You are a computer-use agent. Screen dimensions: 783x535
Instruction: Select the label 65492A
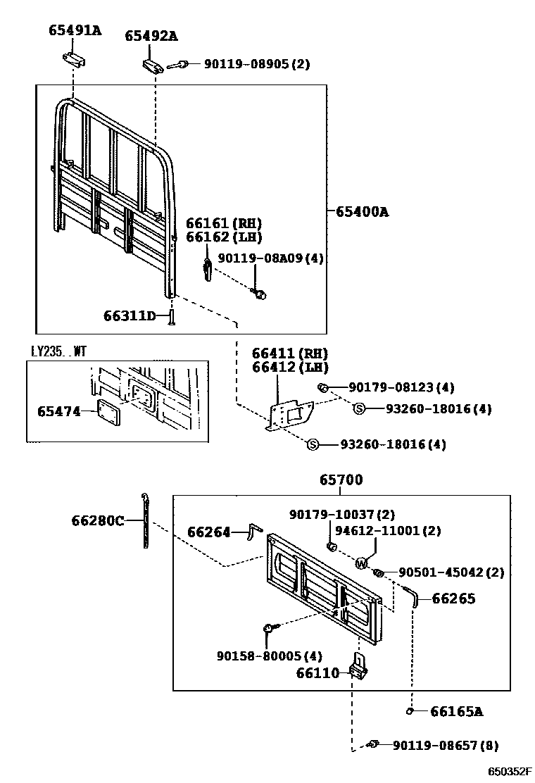151,35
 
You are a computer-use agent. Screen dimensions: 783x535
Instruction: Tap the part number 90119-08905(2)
256,64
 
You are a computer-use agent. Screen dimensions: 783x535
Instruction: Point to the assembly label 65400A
362,211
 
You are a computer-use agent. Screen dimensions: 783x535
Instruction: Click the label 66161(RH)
223,223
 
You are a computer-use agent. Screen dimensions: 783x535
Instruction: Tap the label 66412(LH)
290,368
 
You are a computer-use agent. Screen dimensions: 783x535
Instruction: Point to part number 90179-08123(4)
401,387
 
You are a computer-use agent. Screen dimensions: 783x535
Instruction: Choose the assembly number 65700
341,480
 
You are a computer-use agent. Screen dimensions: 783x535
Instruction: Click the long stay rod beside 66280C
145,522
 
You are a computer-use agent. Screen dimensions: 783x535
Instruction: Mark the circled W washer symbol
361,563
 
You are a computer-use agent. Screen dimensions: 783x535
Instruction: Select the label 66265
453,599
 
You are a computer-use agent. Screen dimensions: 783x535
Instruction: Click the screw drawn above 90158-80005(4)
270,627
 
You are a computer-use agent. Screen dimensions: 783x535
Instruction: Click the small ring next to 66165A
410,712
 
